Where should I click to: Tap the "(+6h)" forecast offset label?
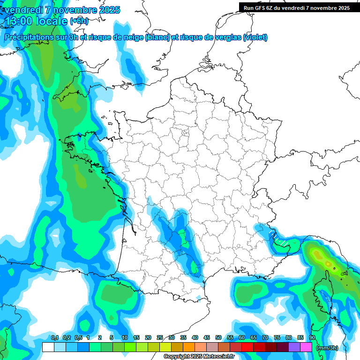tap(79, 21)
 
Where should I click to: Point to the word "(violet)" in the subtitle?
tap(255, 37)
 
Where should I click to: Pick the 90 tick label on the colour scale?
tap(312, 337)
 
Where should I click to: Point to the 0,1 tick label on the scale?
tap(54, 337)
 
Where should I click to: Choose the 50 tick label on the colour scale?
tap(218, 337)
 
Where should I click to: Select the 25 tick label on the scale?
tap(160, 337)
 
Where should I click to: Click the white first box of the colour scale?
tap(48, 347)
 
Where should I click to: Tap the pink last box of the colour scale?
tap(306, 347)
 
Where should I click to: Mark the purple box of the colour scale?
tap(294, 347)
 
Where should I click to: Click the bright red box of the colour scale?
tap(247, 347)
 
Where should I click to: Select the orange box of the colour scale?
tap(189, 347)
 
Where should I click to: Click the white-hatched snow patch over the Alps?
tap(280, 240)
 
